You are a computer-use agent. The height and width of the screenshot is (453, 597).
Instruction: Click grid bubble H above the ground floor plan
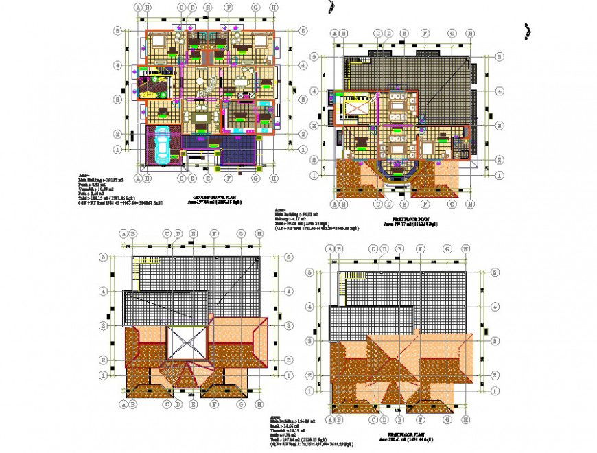click(x=274, y=8)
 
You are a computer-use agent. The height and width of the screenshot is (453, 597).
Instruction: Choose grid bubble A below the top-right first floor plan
click(x=335, y=204)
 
